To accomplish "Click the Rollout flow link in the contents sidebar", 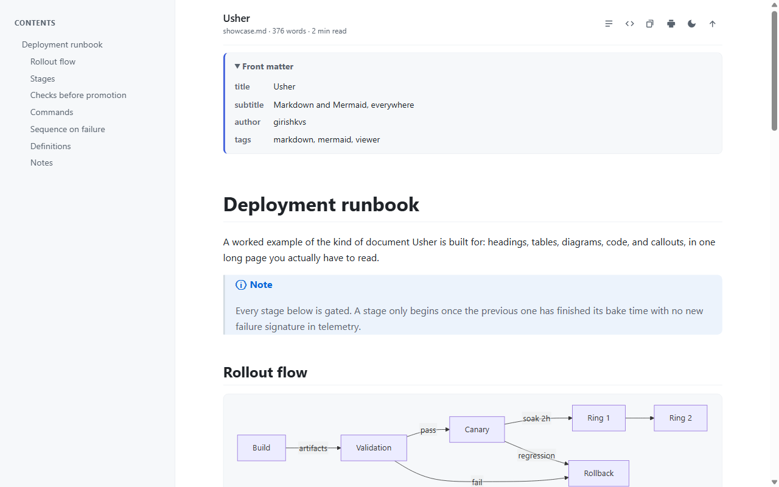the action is click(x=53, y=61).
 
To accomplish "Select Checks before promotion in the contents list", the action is click(x=79, y=95).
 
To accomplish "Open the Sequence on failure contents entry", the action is click(x=68, y=129).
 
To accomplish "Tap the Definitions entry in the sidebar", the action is click(x=51, y=146).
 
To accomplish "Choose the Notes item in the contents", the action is click(x=41, y=163).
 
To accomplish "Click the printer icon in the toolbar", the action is click(x=671, y=24).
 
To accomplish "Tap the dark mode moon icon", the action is click(x=692, y=24).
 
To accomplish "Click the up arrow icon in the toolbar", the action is click(x=712, y=24).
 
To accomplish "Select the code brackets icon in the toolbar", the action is click(x=629, y=24).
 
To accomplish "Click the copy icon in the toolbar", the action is click(x=649, y=24).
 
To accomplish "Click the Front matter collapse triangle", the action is click(x=237, y=66).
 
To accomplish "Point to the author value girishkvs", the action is click(x=290, y=122).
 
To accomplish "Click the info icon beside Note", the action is click(x=240, y=285).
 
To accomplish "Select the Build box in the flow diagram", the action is click(x=262, y=447).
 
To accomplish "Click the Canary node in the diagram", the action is click(x=477, y=430).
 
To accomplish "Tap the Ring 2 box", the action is click(x=680, y=418).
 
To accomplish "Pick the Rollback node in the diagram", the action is click(x=599, y=474).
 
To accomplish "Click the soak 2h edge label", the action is click(x=537, y=418).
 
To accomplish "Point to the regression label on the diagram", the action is click(x=537, y=456).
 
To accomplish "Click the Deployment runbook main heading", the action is click(x=321, y=205).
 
